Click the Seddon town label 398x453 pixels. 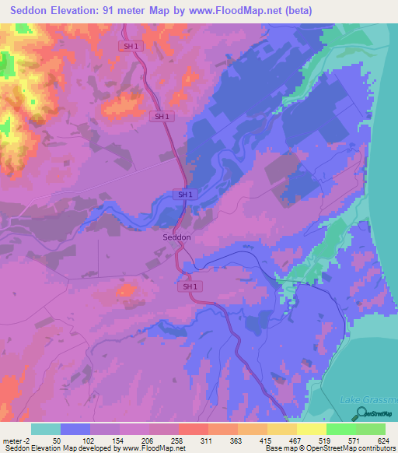(x=176, y=237)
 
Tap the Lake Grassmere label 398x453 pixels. (x=368, y=400)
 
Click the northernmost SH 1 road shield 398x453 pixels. (x=131, y=46)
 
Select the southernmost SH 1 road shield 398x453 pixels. (x=189, y=286)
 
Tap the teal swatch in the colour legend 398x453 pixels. (x=46, y=429)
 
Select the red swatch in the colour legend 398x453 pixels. (x=194, y=429)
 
